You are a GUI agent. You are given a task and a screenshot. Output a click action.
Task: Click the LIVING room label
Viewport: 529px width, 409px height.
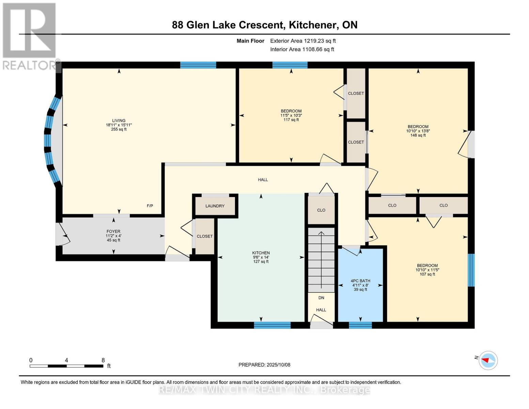(x=119, y=121)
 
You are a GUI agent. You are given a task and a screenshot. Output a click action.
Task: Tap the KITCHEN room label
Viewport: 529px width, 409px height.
(x=261, y=253)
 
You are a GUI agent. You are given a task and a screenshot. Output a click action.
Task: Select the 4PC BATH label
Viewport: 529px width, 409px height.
(x=360, y=281)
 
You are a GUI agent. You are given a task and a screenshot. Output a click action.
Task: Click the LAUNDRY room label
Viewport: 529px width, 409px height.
(x=215, y=206)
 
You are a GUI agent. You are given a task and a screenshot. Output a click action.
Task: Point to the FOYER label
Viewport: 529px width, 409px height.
(x=113, y=232)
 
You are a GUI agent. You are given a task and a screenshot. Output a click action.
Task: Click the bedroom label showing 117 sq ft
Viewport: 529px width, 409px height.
(x=291, y=111)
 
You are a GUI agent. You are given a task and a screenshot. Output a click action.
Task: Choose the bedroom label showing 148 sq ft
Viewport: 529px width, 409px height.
(x=418, y=127)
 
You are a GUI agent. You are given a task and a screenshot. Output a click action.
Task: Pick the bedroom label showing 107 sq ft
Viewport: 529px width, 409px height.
(x=427, y=266)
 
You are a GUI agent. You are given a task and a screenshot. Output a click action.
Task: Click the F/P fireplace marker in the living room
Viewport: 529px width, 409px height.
(x=150, y=206)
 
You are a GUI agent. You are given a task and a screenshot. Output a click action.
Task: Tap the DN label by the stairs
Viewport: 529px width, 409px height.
(x=321, y=298)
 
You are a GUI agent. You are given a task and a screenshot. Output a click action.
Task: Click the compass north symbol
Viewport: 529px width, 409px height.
(x=488, y=360)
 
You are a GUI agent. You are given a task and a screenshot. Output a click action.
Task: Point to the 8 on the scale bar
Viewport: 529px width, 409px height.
(x=103, y=360)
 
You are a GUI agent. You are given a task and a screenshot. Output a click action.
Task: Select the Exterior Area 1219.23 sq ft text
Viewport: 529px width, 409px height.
(x=303, y=41)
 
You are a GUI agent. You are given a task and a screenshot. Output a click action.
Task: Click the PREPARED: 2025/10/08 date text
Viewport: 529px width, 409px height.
(x=264, y=365)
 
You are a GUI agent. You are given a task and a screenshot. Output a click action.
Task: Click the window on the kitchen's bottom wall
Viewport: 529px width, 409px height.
(x=272, y=325)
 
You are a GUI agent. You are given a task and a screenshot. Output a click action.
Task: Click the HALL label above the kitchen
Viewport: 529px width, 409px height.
(x=263, y=180)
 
